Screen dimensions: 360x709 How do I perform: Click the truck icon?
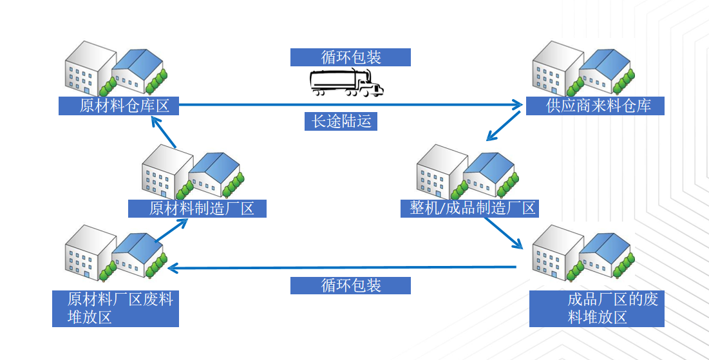[x=346, y=82]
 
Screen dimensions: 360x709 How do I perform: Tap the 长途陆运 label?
[x=341, y=121]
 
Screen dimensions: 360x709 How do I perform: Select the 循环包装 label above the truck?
[x=350, y=57]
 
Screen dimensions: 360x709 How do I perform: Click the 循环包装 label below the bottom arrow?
[x=350, y=285]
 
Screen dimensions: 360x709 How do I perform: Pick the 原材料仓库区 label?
[x=118, y=106]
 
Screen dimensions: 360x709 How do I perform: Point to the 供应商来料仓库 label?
[x=595, y=106]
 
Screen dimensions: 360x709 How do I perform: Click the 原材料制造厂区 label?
[x=197, y=209]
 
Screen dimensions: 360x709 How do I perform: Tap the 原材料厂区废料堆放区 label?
[x=115, y=308]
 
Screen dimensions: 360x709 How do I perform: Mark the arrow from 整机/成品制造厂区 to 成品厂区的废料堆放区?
[x=503, y=232]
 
